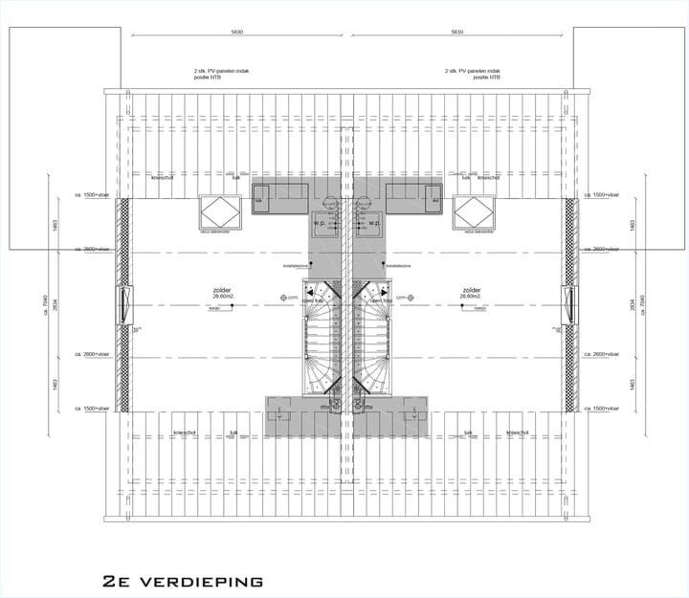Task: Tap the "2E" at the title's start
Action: pos(116,581)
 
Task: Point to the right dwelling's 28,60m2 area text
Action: pos(470,297)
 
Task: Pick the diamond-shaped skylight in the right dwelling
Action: pos(473,210)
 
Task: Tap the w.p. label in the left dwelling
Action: pos(320,223)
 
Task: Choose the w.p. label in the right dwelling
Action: pos(375,223)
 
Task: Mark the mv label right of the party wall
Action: pos(367,407)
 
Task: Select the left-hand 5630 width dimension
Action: pos(237,33)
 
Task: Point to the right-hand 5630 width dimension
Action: pos(456,33)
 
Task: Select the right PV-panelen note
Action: pos(473,74)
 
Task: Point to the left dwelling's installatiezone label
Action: pos(295,267)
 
